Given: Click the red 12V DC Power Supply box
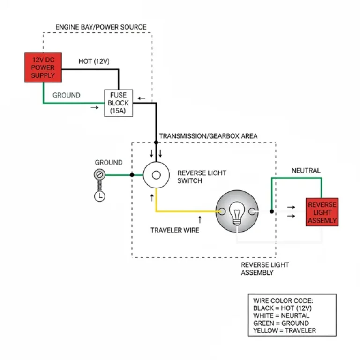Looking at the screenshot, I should (43, 68).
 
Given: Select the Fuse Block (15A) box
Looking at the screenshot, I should (118, 103).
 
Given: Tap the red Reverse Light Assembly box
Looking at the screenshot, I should (322, 212).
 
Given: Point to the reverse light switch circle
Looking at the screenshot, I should (156, 175).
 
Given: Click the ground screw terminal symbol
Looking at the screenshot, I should (99, 175).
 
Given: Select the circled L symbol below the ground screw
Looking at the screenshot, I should (99, 196).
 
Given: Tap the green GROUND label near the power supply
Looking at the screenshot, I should (66, 95).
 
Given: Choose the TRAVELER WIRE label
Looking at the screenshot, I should (175, 230).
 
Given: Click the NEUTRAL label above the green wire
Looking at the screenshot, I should (306, 171).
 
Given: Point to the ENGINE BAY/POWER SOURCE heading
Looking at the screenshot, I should (101, 27).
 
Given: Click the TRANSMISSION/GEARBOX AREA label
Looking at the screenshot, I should (208, 136).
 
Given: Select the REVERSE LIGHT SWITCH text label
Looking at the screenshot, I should (202, 177).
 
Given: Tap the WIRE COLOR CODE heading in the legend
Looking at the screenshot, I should (283, 300).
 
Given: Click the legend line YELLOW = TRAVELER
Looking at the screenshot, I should (284, 330).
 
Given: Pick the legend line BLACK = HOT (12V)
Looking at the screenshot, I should (282, 308).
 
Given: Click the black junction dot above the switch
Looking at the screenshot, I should (156, 141).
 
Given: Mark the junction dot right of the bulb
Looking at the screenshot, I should (271, 211).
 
